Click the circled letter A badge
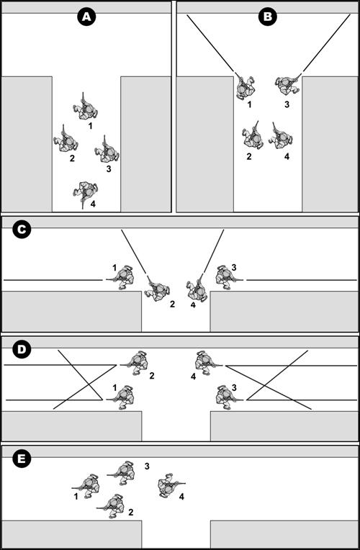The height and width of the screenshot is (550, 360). click(x=86, y=16)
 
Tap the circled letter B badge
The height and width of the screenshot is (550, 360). click(x=268, y=16)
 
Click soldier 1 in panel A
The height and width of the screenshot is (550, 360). click(x=85, y=109)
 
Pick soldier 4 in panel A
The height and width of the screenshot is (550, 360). click(x=86, y=192)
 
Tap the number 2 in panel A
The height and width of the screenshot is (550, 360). click(x=72, y=158)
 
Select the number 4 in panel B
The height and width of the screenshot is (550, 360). click(x=287, y=156)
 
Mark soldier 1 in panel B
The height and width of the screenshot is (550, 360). click(x=245, y=87)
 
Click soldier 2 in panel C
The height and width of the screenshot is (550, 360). click(x=158, y=289)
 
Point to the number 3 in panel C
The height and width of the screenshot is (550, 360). click(x=234, y=268)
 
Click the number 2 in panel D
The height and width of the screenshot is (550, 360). click(x=152, y=376)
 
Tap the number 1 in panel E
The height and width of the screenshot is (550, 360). click(x=76, y=496)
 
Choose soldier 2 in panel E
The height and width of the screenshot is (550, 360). click(x=112, y=506)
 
